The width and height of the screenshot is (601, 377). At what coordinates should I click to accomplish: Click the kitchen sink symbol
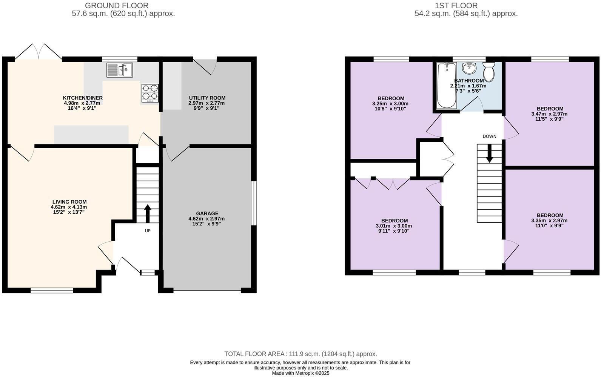(x=119, y=70)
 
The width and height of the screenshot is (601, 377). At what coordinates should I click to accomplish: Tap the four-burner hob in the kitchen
(x=150, y=93)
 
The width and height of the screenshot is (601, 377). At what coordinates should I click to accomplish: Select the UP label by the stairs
(x=148, y=231)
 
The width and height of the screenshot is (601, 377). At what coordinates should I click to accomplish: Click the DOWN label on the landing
(x=489, y=136)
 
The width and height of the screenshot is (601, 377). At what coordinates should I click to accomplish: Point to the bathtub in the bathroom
(x=447, y=86)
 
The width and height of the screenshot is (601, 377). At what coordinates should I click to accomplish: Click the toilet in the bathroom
(x=489, y=72)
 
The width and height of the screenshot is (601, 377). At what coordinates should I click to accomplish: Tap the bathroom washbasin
(x=469, y=69)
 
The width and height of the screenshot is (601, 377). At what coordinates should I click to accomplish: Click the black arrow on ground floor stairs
(x=147, y=213)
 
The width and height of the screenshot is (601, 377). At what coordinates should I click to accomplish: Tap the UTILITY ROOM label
(x=207, y=98)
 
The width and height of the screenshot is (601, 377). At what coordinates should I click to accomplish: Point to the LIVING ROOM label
(x=69, y=202)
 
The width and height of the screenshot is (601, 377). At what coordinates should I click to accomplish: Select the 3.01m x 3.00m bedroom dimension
(x=394, y=226)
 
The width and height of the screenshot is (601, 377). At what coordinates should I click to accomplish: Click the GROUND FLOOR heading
(x=116, y=6)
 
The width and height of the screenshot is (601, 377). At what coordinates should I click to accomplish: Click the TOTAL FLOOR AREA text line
(x=300, y=354)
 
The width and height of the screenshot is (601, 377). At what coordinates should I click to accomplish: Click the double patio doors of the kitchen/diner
(x=39, y=52)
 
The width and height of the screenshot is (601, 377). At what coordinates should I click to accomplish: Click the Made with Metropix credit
(x=300, y=373)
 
